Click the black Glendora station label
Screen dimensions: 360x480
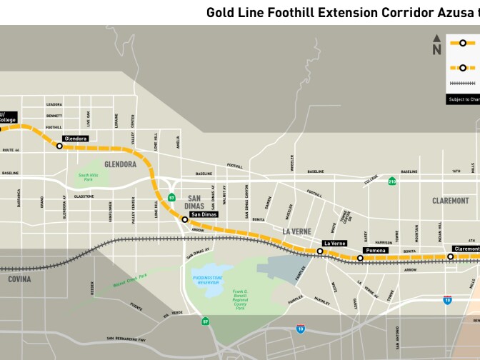(x=75, y=139)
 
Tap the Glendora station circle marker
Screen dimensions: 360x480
(x=59, y=146)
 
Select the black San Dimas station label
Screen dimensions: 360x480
(x=204, y=214)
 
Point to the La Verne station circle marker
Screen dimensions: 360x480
(x=320, y=251)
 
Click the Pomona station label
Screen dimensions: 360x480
(x=375, y=251)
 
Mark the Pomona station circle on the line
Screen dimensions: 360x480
(x=360, y=258)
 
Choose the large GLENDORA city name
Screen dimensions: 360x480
(x=120, y=164)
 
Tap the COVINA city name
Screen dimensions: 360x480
(x=19, y=279)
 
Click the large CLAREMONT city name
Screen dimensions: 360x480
(x=450, y=201)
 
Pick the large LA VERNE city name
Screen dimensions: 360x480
(x=298, y=231)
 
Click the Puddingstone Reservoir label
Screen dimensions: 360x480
(x=208, y=280)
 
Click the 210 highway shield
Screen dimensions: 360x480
(x=391, y=182)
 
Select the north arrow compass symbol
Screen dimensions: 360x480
(x=436, y=46)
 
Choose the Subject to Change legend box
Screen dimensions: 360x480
(x=464, y=99)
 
